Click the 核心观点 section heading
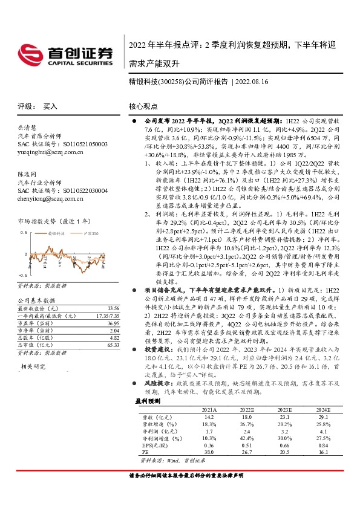tap(143, 106)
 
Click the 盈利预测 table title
tap(145, 400)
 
